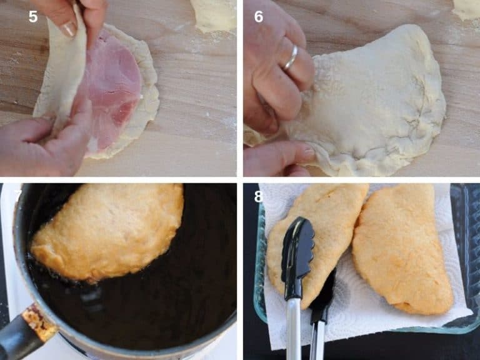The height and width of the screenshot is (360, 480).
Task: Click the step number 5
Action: point(33,17)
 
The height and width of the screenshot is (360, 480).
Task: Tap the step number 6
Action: point(259,17)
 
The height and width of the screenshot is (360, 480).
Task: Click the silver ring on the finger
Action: point(291,57)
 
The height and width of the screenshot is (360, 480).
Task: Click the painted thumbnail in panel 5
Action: point(69,29)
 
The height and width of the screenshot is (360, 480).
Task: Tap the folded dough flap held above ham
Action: point(62,69)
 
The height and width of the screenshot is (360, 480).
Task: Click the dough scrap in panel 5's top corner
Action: point(214,14)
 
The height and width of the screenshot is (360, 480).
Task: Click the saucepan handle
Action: point(19,337)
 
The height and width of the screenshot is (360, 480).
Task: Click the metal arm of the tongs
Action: point(292,331)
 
